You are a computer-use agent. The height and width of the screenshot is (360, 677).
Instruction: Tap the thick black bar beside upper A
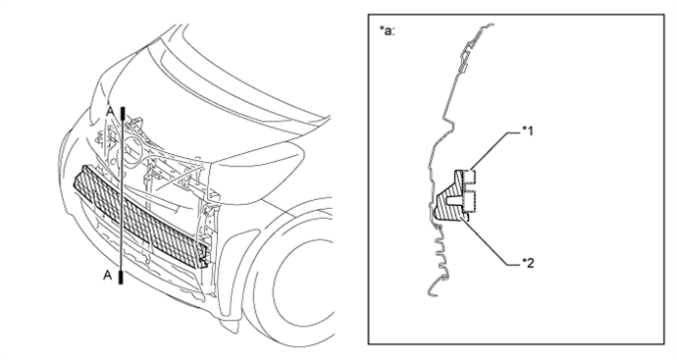pyautogui.click(x=121, y=115)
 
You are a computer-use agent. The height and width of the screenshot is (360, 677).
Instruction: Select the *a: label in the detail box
pyautogui.click(x=387, y=29)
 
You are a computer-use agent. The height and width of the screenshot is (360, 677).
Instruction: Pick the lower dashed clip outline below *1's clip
pyautogui.click(x=470, y=203)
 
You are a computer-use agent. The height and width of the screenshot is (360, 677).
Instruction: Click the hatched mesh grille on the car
pyautogui.click(x=137, y=211)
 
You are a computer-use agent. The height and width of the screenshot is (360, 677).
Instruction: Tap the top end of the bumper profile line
pyautogui.click(x=482, y=36)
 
